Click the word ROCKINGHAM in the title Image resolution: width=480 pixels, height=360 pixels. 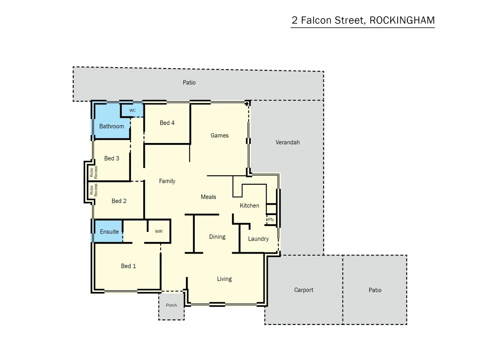(x=402, y=20)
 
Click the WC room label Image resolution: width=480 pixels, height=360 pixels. (x=132, y=110)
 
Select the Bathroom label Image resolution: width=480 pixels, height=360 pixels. (x=111, y=126)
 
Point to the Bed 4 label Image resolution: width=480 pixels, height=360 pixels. (x=167, y=123)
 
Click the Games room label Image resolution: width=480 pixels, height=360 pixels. (x=219, y=135)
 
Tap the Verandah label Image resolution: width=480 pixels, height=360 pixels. (x=287, y=142)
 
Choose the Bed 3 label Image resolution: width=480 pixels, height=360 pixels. (x=111, y=158)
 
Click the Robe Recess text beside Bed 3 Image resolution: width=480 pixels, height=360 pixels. (x=94, y=172)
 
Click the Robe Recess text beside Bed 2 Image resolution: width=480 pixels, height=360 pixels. (x=94, y=190)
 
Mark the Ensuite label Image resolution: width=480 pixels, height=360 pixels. (x=109, y=232)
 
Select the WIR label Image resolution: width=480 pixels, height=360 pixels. (x=159, y=231)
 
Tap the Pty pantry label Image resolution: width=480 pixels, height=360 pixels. (x=271, y=219)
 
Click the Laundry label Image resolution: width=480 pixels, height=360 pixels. (x=258, y=239)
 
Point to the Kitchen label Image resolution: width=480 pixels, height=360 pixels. (x=249, y=206)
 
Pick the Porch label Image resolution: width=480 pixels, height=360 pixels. (x=171, y=305)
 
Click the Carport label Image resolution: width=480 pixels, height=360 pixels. (x=303, y=290)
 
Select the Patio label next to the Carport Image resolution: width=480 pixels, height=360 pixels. (x=375, y=290)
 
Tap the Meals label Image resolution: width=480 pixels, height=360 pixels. (x=208, y=197)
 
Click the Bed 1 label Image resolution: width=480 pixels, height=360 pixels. (x=128, y=266)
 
